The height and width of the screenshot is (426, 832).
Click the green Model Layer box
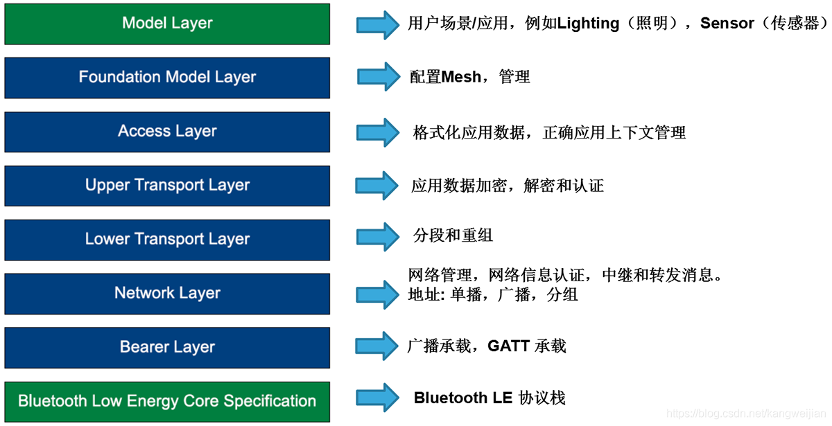tap(167, 24)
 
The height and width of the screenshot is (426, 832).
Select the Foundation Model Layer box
tap(167, 78)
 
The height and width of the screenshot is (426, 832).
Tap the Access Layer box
tap(167, 132)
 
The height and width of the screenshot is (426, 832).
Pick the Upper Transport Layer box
tap(167, 186)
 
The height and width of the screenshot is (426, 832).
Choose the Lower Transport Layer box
tap(167, 240)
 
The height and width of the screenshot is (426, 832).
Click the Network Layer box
tap(167, 294)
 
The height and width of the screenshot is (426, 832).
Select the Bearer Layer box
tap(167, 348)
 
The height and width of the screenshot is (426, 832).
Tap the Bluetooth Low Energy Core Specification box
tap(167, 402)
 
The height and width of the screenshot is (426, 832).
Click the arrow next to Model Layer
tap(378, 25)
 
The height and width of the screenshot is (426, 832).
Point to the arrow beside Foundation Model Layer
tap(379, 76)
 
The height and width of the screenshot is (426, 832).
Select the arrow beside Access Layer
tap(378, 132)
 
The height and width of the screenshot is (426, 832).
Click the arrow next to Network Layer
tap(378, 294)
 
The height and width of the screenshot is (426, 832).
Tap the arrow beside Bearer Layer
tap(377, 346)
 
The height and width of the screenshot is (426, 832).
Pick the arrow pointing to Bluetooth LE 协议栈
tap(378, 398)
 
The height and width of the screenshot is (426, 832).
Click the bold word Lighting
tap(588, 24)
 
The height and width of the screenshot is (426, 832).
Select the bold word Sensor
tap(727, 24)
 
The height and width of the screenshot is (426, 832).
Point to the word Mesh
tap(461, 77)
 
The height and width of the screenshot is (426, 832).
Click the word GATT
tap(508, 346)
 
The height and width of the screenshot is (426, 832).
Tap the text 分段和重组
tap(453, 236)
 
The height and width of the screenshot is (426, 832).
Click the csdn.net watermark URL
tap(746, 414)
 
